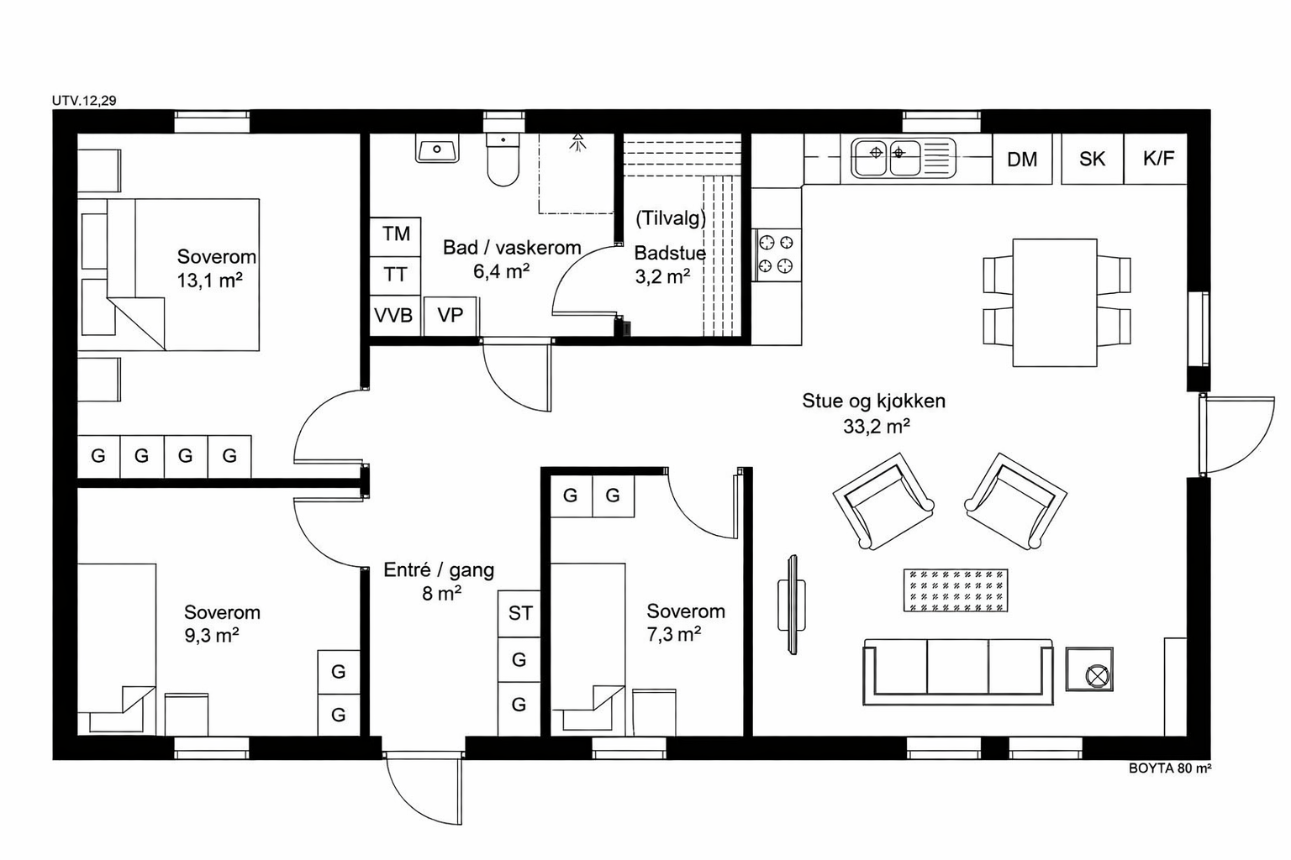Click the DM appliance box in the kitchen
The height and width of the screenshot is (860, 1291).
pos(1022,159)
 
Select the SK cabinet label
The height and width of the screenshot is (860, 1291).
pos(1092,159)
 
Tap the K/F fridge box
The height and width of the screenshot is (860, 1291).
pos(1155,159)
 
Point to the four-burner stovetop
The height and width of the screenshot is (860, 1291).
pos(777,254)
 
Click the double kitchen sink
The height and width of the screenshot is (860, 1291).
pos(904,157)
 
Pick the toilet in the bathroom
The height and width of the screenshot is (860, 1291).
pos(503,160)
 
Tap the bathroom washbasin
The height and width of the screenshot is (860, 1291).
pos(437,149)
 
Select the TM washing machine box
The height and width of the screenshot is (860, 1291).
pos(395,237)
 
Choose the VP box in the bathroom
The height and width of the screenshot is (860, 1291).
pos(451,316)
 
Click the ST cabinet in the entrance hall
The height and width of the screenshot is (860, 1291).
pos(519,613)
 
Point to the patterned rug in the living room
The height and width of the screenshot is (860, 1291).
pos(956,590)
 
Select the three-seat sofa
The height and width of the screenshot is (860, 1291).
pos(958,672)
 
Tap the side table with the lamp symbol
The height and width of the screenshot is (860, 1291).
pos(1089,669)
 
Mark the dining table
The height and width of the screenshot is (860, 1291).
pos(1055,302)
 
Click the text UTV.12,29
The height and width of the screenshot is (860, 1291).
pos(84,101)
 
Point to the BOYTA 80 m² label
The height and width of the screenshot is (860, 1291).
pos(1170,768)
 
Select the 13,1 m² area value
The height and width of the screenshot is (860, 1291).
pos(210,281)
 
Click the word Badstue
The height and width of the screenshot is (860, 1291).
pos(670,253)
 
